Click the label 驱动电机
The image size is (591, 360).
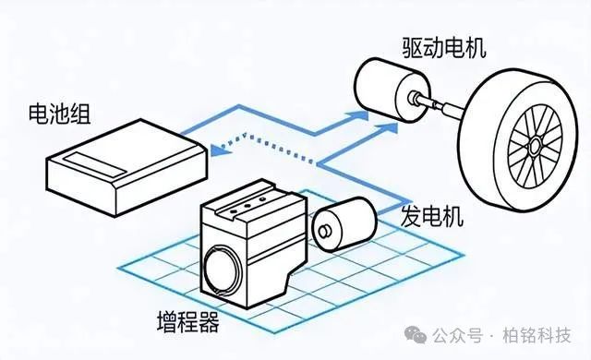444,47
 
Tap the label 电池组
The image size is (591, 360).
59,113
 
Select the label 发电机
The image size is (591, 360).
432,217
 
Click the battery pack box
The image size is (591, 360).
127,168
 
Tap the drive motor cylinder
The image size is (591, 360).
392,90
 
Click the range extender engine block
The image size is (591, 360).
253,243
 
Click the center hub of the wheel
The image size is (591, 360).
536,146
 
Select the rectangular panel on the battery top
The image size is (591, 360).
94,163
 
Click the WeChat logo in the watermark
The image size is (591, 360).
416,334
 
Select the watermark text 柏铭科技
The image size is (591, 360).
537,335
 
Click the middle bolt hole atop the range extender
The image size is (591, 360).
247,206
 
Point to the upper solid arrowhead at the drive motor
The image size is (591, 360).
358,114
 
